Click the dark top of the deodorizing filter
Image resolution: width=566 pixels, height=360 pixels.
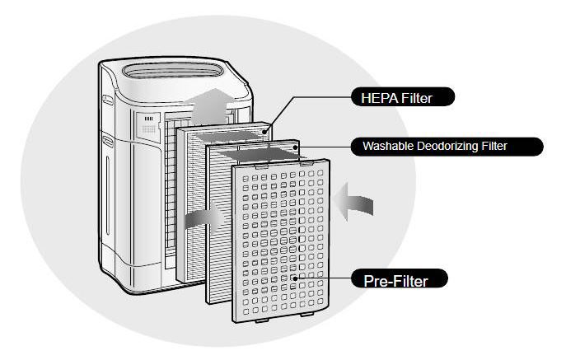256,152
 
